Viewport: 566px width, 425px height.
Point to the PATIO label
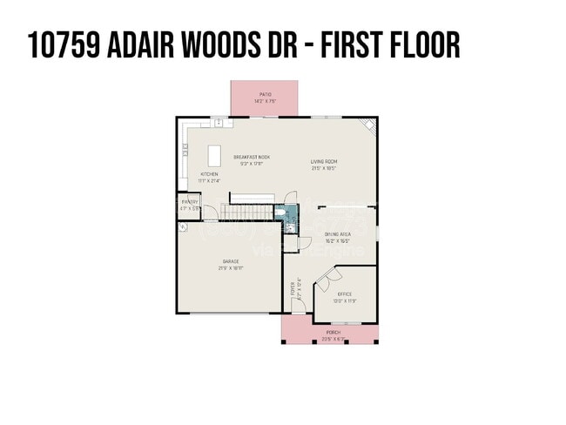pos(265,94)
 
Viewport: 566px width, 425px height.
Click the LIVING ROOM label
pos(325,161)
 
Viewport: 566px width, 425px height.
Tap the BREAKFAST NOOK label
pos(252,157)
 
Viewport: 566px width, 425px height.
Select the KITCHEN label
pos(210,174)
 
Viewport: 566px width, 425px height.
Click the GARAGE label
pos(230,261)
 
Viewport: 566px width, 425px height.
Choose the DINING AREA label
pos(337,234)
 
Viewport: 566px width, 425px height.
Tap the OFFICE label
pos(345,294)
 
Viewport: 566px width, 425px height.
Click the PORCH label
pos(334,333)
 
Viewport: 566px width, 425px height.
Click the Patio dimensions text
pos(265,101)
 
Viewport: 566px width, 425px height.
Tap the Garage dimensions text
pos(230,268)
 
